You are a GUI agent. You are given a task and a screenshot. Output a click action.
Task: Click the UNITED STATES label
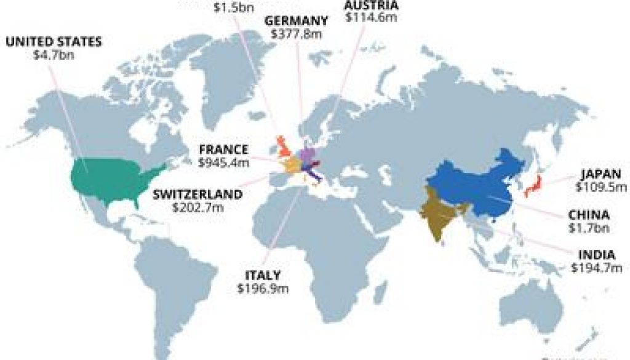coord(54,42)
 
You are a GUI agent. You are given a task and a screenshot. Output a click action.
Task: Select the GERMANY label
coord(296,20)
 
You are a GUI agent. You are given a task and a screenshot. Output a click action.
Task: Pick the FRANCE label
coord(223,150)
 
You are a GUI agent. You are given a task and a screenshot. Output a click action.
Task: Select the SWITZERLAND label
coord(197,194)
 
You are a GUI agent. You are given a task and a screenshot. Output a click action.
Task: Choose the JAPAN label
coord(600,173)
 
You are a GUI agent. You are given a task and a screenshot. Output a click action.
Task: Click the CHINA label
coord(589,215)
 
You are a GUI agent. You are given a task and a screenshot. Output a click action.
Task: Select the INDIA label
coord(596,255)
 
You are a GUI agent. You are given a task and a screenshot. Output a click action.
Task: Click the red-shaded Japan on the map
coord(533,185)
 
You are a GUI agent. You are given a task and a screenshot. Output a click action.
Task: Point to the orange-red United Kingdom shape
coord(284,146)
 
